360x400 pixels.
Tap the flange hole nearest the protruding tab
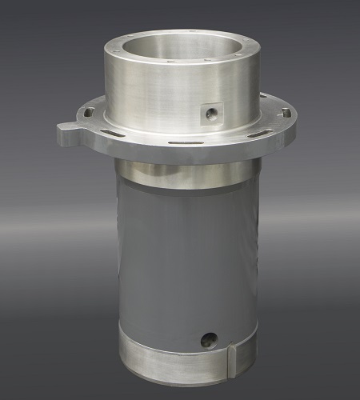point(89,113)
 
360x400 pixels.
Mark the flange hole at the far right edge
point(285,113)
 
